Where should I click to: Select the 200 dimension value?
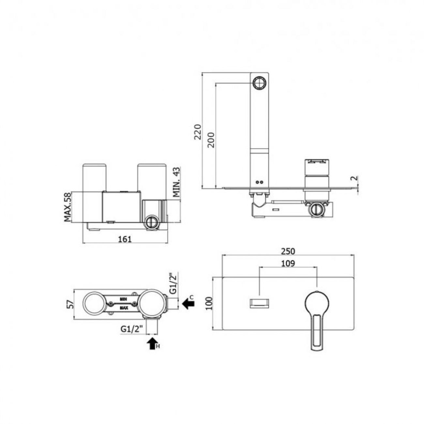211,140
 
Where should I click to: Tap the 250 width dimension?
288,251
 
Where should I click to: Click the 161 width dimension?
125,239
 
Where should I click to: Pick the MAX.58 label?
68,207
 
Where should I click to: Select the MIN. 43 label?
176,182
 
